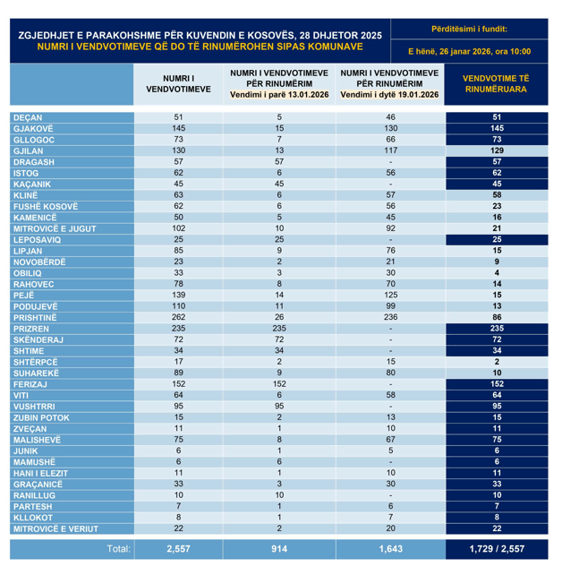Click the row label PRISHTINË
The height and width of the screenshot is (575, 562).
(35, 317)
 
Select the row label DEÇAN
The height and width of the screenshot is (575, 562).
(28, 117)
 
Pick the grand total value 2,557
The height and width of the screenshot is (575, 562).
(178, 548)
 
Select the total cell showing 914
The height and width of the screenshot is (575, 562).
(279, 548)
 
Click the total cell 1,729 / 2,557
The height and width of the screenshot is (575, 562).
(496, 548)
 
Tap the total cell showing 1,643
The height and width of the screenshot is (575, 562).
(390, 548)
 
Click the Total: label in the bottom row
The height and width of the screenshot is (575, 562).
(118, 548)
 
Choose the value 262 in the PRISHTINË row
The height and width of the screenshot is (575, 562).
(178, 317)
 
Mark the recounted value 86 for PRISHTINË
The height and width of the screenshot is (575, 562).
(496, 317)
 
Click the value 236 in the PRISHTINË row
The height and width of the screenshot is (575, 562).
(390, 317)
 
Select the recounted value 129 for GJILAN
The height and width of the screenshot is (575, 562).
(496, 150)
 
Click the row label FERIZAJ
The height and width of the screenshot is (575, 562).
(32, 384)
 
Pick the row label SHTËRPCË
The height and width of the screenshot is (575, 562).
(35, 362)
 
